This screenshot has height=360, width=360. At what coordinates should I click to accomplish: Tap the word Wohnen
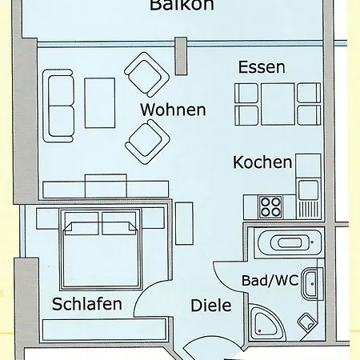point(173,110)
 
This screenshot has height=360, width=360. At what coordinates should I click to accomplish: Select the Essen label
point(261,68)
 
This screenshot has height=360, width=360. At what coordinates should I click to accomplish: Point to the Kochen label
point(262,162)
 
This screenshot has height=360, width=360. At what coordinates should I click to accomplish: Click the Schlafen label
point(87,304)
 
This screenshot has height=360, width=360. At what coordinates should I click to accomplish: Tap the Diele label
point(210,306)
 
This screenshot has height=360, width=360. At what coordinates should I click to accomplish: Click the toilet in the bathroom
point(306,324)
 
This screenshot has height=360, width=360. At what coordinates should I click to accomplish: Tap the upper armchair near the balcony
point(149,75)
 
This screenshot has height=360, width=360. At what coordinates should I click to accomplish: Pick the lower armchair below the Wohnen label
point(148,139)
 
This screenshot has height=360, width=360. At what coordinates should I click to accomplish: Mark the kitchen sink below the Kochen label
point(308,189)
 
